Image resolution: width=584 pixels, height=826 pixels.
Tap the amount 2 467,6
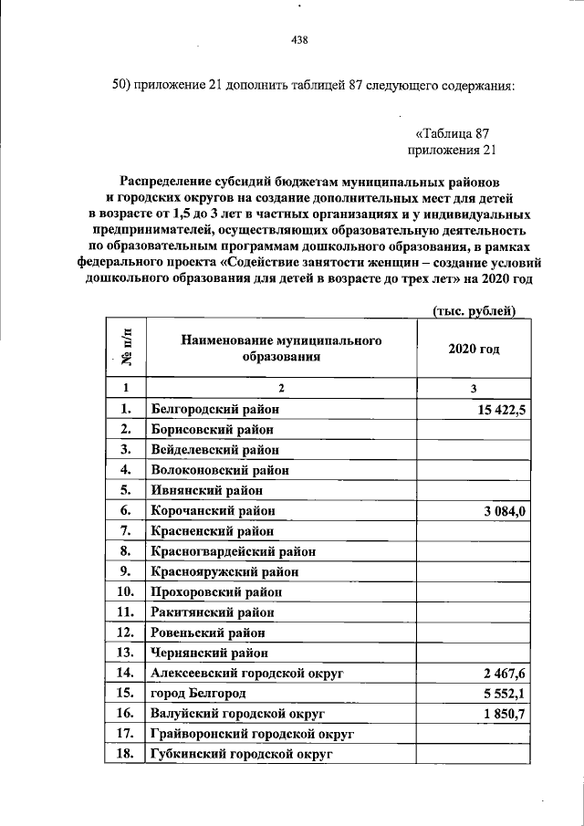pos(505,673)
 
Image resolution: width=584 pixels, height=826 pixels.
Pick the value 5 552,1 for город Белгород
pos(505,693)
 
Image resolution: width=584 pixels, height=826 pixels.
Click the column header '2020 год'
pos(474,349)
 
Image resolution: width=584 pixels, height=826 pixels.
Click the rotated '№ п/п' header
pos(123,348)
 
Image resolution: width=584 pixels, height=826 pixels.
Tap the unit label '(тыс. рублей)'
pos(474,312)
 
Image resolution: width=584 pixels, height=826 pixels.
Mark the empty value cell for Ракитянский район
pos(474,612)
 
